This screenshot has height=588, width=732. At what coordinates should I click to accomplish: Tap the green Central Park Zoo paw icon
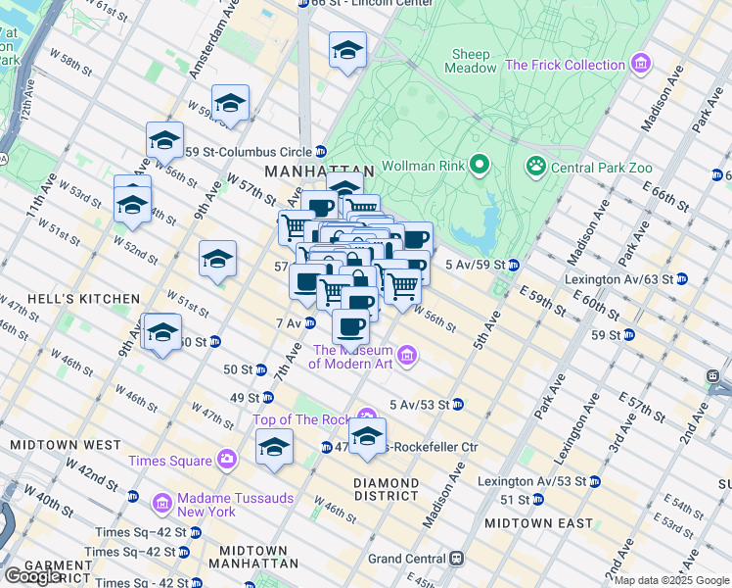(535, 167)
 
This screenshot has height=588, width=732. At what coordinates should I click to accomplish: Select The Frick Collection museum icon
(641, 65)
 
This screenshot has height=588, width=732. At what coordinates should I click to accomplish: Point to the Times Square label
(169, 461)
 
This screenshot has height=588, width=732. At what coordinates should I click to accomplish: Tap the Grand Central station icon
(455, 559)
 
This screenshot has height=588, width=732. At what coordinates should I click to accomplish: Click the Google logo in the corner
(34, 575)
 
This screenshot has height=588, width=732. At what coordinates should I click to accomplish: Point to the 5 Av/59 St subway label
(474, 265)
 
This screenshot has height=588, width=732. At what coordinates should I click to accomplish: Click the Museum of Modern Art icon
(408, 356)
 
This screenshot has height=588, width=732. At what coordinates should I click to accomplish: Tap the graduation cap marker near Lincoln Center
(347, 51)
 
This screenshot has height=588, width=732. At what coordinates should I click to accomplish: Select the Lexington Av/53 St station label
(532, 481)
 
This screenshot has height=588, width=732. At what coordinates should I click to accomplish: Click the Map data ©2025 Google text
(671, 580)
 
